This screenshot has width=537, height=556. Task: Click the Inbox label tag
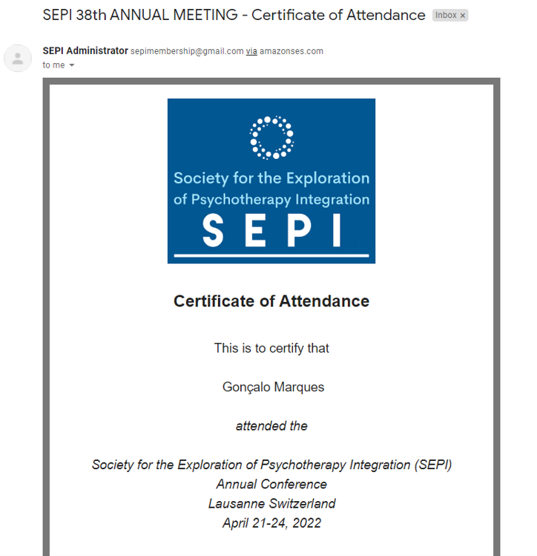coord(446,16)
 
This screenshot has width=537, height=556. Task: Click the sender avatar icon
coord(18,58)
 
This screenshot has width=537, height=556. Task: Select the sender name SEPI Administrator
coord(85,51)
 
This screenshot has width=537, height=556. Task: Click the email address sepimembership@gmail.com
coord(187,51)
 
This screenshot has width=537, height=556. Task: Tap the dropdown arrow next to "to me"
coord(72,65)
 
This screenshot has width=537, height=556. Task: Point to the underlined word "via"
coord(252,51)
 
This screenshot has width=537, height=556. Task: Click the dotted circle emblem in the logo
coord(271,137)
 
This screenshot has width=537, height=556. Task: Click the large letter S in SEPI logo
coord(214,230)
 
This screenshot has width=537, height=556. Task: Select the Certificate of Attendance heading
coord(271,301)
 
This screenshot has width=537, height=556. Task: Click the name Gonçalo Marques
coord(273,387)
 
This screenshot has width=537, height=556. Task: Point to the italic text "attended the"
coord(271,426)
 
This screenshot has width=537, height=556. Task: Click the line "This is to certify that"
coord(271,348)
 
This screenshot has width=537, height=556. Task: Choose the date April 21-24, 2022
coord(271,523)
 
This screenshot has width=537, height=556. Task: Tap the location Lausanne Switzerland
coord(271,504)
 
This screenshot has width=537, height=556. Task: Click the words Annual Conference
coord(271,485)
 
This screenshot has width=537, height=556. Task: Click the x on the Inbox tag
coord(462,16)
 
